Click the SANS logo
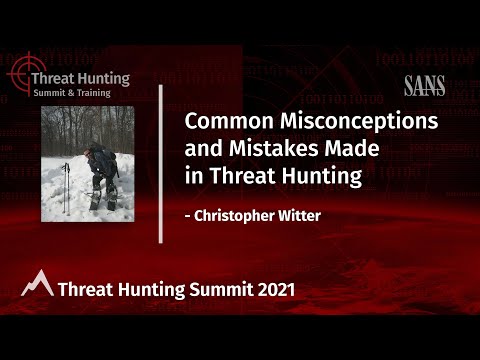click(424, 87)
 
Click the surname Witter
click(298, 214)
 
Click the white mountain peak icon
click(37, 284)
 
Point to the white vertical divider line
click(161, 163)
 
